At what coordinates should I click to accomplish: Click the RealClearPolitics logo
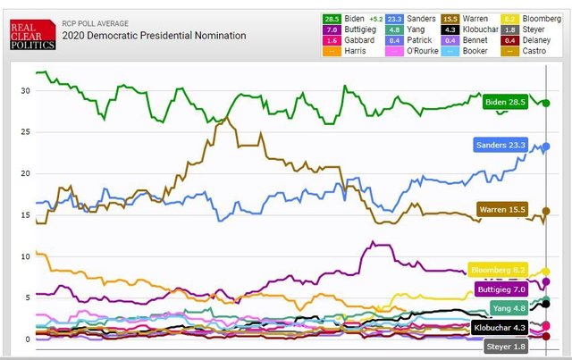pyautogui.click(x=32, y=35)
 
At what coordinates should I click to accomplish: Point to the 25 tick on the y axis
pyautogui.click(x=26, y=132)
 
